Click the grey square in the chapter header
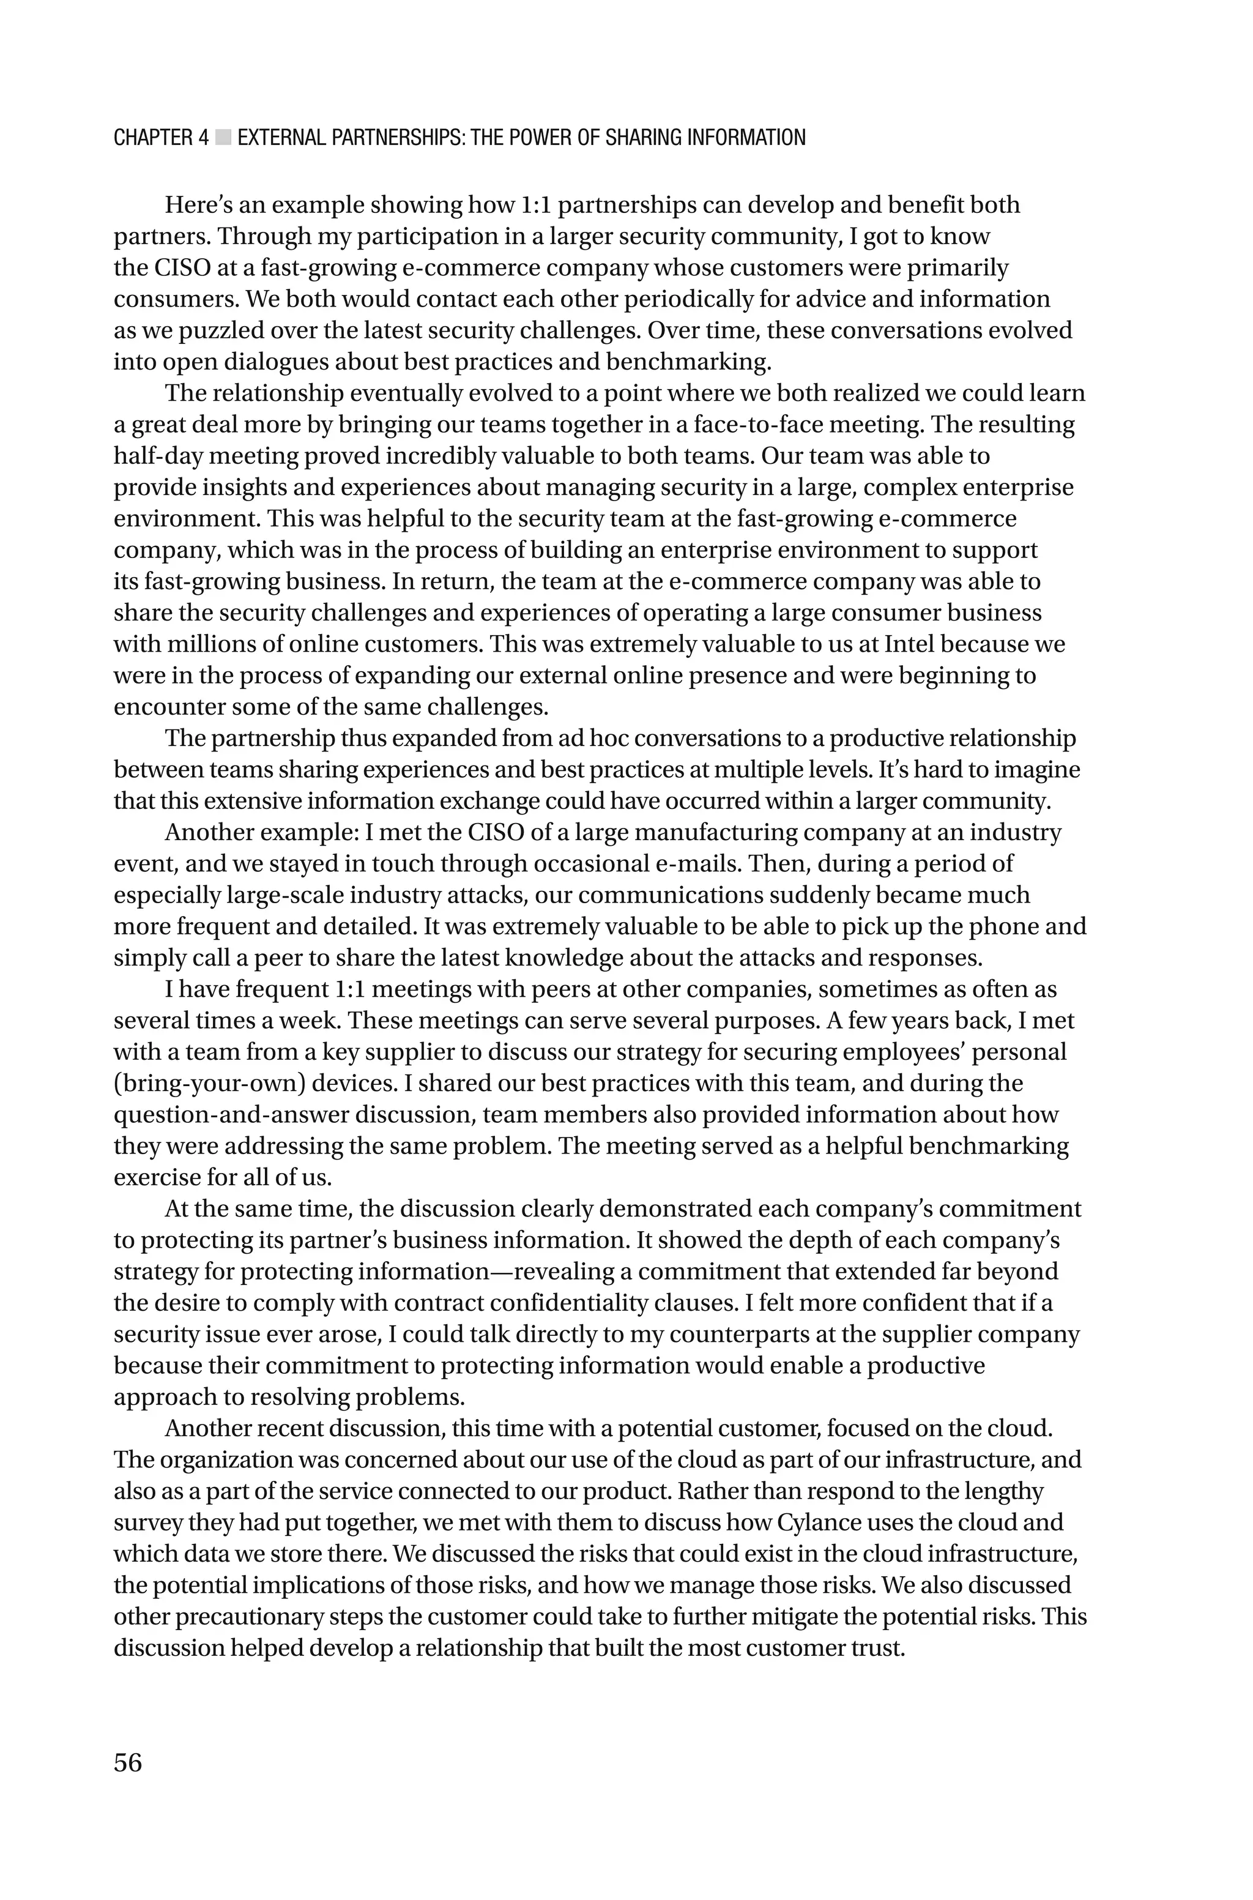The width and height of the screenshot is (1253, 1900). pos(223,138)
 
